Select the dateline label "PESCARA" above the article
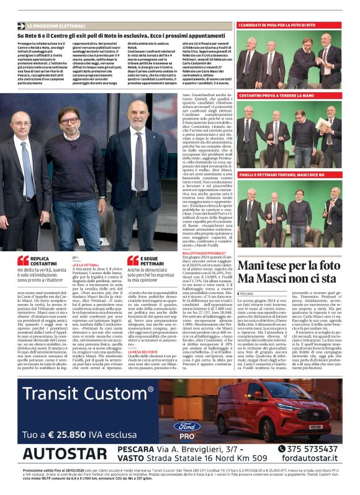[x=247, y=293]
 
